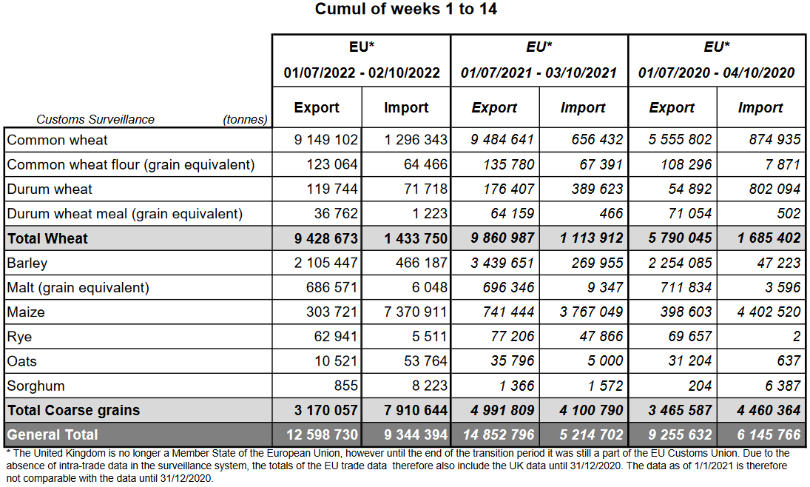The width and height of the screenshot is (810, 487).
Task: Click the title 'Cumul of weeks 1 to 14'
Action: point(405,10)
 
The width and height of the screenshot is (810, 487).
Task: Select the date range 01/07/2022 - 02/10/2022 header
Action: point(362,73)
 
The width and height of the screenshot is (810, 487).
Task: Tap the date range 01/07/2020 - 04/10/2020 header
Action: point(716,73)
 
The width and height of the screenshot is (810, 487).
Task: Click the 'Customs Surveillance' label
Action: point(95,119)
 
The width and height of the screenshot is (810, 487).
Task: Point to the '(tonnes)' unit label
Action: point(245,119)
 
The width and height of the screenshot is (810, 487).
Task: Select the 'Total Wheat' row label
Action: point(47,238)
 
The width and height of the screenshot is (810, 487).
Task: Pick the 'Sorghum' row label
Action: point(36,386)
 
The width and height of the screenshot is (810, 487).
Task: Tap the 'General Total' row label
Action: point(53,434)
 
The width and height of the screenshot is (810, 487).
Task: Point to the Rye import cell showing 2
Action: point(796,337)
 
